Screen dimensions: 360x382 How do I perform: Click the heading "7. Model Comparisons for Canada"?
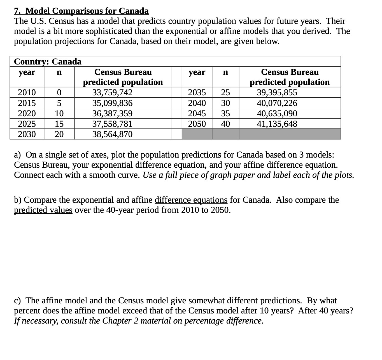pyautogui.click(x=81, y=11)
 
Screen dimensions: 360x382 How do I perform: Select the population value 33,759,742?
pyautogui.click(x=112, y=93)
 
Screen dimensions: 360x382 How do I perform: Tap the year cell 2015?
pyautogui.click(x=27, y=103)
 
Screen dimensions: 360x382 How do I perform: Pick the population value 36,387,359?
pyautogui.click(x=112, y=114)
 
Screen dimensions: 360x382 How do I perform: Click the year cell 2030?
pyautogui.click(x=27, y=134)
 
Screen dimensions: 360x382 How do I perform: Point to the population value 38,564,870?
pyautogui.click(x=112, y=134)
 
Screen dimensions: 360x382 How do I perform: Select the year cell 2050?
pyautogui.click(x=197, y=124)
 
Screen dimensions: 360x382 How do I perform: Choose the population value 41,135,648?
pyautogui.click(x=277, y=124)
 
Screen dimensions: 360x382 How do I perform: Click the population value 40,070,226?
pyautogui.click(x=277, y=103)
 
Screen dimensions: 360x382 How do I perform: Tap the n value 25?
pyautogui.click(x=225, y=93)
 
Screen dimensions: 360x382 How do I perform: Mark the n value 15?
pyautogui.click(x=59, y=124)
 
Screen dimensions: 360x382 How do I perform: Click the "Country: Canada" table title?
pyautogui.click(x=48, y=62)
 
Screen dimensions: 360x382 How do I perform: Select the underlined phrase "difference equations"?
pyautogui.click(x=191, y=200)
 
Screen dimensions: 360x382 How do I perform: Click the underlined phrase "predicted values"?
pyautogui.click(x=43, y=210)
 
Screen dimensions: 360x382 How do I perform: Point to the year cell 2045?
pyautogui.click(x=197, y=114)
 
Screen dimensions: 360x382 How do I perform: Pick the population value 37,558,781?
pyautogui.click(x=112, y=124)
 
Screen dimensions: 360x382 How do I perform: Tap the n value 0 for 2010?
pyautogui.click(x=59, y=93)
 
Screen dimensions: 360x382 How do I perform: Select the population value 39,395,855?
pyautogui.click(x=277, y=93)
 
